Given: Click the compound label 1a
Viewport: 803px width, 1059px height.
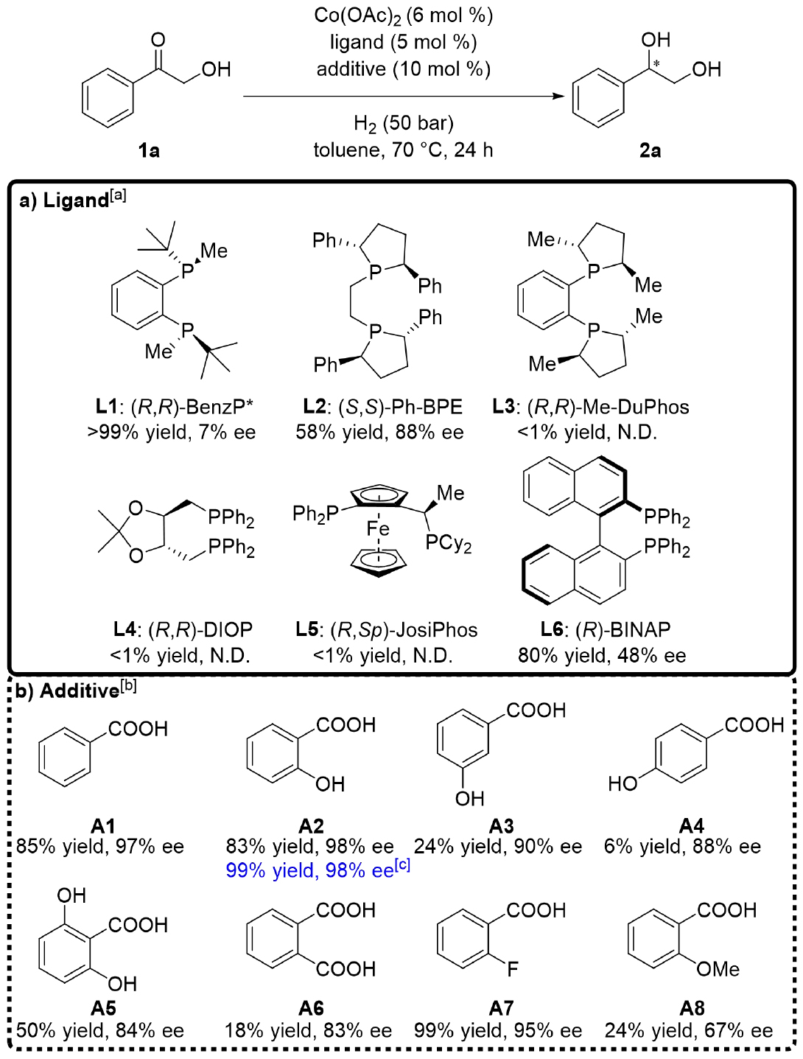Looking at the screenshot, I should (x=149, y=151).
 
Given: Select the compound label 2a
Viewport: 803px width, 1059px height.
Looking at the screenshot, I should (x=650, y=151).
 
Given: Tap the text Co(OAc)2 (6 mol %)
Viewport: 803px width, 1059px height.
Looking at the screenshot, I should (x=404, y=15).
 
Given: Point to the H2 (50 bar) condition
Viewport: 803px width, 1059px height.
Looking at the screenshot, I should (x=404, y=123).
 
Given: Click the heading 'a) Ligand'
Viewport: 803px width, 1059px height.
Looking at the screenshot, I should (x=72, y=200).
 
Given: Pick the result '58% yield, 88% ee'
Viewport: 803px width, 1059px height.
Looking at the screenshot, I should (x=380, y=432).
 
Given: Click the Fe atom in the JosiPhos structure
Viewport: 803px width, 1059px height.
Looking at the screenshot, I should (x=378, y=528).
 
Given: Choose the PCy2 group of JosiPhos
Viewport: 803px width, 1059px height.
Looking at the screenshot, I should (x=448, y=544).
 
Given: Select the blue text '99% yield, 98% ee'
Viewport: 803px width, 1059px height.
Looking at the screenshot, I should (x=310, y=870).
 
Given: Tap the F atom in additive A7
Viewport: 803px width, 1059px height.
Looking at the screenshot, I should (x=513, y=969).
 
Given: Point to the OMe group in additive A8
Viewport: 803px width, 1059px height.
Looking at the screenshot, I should (x=718, y=969).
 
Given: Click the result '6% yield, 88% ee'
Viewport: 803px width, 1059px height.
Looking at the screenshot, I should (x=682, y=847).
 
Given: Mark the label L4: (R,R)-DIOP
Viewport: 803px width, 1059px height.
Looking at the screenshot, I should (x=183, y=629).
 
